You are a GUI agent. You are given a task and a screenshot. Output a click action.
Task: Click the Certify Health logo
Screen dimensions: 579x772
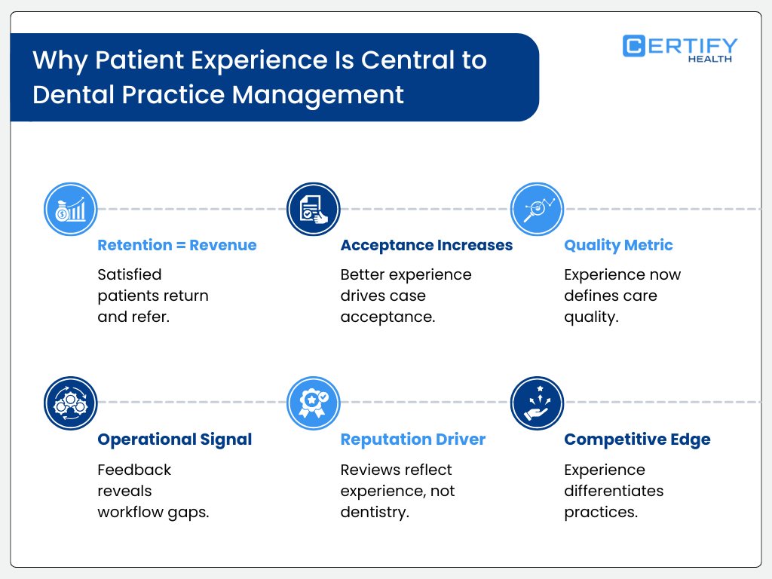tap(679, 47)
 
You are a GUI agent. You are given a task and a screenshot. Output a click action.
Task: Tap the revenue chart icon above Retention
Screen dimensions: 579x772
tap(71, 209)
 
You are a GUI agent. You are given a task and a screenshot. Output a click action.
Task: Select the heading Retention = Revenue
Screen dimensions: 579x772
tap(177, 245)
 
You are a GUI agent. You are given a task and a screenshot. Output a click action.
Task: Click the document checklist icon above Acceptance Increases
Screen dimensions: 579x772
tap(314, 209)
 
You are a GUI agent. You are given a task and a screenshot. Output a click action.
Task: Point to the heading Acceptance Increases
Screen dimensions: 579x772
tap(426, 245)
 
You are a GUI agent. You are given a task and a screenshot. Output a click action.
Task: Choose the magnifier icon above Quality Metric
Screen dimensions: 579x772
tap(538, 209)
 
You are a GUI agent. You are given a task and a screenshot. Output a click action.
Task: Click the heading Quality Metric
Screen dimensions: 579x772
tap(618, 245)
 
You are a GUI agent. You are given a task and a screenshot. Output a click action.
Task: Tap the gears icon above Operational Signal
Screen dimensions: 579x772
tap(71, 403)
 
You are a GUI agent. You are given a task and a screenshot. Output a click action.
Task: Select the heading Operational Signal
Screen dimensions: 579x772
tap(175, 439)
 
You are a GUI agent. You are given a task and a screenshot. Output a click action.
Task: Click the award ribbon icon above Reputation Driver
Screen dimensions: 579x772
tap(314, 403)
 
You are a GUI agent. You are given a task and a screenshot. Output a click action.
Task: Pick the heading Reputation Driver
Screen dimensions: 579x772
tap(412, 439)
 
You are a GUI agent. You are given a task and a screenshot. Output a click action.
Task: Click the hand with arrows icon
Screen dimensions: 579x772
tap(538, 403)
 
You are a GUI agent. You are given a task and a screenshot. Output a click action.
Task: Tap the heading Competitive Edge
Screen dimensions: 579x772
tap(637, 439)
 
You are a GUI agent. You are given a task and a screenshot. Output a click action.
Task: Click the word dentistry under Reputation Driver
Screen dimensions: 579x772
tap(374, 512)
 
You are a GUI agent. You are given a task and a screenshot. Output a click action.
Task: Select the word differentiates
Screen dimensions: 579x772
tap(614, 491)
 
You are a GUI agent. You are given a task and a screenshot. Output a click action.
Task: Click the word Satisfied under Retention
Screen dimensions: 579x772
tap(130, 274)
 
